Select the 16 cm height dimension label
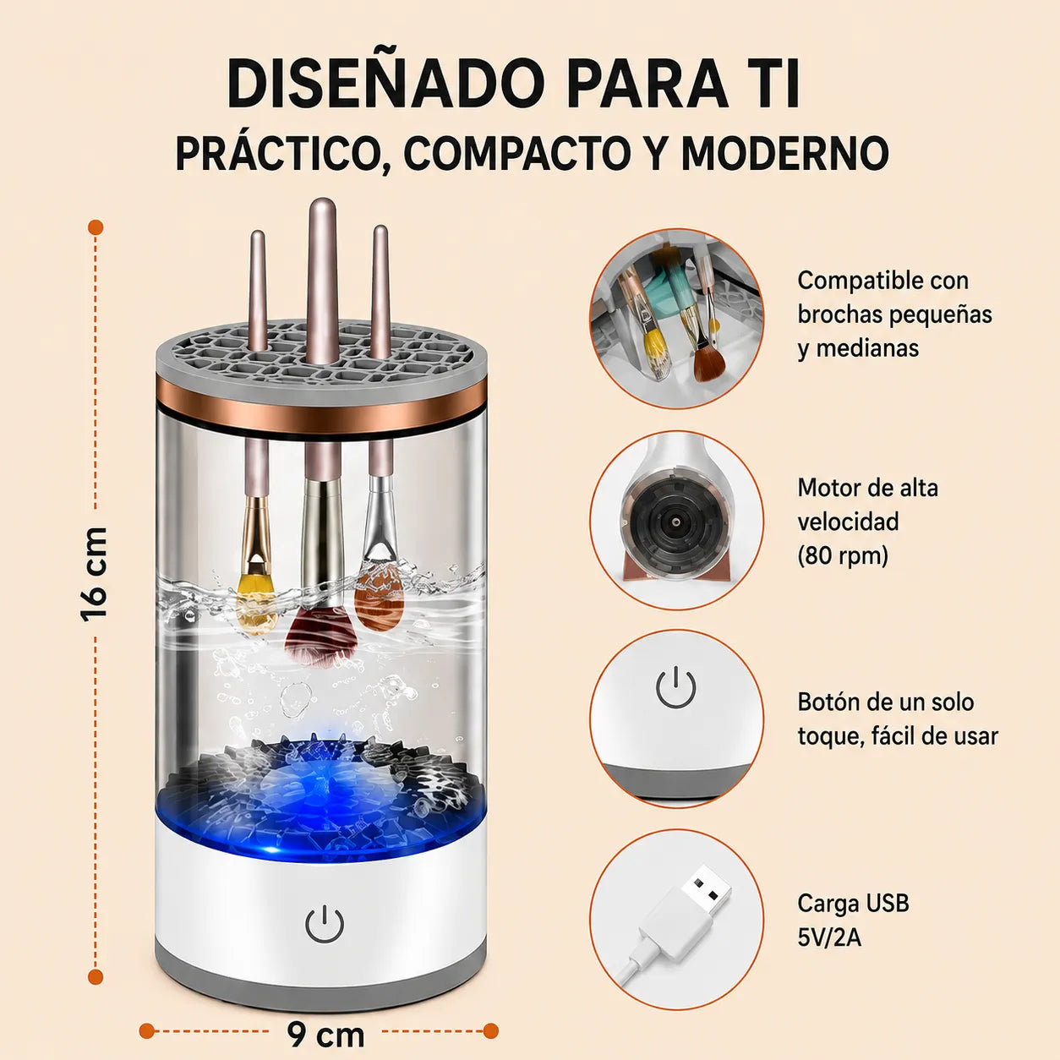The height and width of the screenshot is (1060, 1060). click(95, 575)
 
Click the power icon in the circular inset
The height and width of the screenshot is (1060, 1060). click(676, 687)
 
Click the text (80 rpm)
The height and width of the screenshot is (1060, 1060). click(844, 555)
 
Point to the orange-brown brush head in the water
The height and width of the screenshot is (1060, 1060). click(379, 599)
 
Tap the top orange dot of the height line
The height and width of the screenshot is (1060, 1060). click(96, 227)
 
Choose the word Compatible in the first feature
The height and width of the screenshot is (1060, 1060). click(855, 281)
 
